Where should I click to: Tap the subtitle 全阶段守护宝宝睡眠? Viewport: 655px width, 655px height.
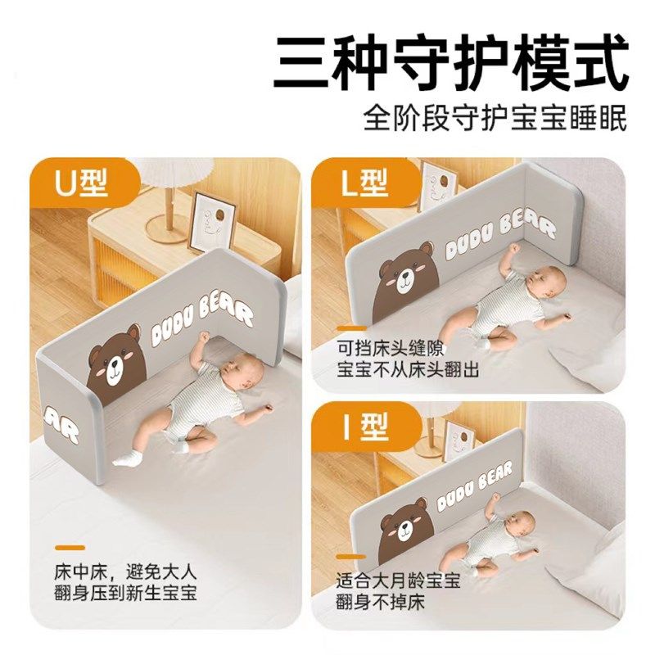point(495,117)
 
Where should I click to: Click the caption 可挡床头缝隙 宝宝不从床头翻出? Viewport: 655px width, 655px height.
point(407,359)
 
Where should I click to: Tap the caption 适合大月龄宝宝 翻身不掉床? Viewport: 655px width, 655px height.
point(397,591)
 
